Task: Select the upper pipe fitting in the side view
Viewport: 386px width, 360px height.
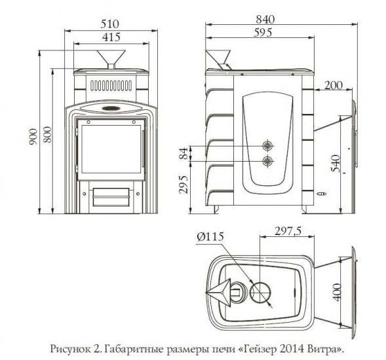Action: pyautogui.click(x=267, y=145)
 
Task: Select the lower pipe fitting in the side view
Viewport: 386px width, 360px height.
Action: pyautogui.click(x=267, y=161)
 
